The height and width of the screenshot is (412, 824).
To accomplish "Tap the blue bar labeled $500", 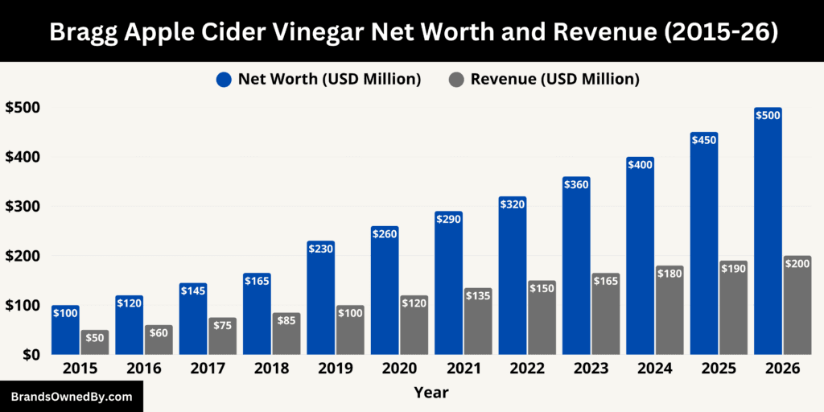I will pos(768,233).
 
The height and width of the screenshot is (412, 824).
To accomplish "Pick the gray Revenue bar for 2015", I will pos(94,344).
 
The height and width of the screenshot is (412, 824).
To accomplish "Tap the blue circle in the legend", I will pos(223,79).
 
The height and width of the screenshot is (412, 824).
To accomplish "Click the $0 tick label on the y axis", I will pos(30,354).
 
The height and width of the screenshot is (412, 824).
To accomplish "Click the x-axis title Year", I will pos(431,393).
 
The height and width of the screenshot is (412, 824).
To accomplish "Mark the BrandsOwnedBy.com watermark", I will pos(71,397).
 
